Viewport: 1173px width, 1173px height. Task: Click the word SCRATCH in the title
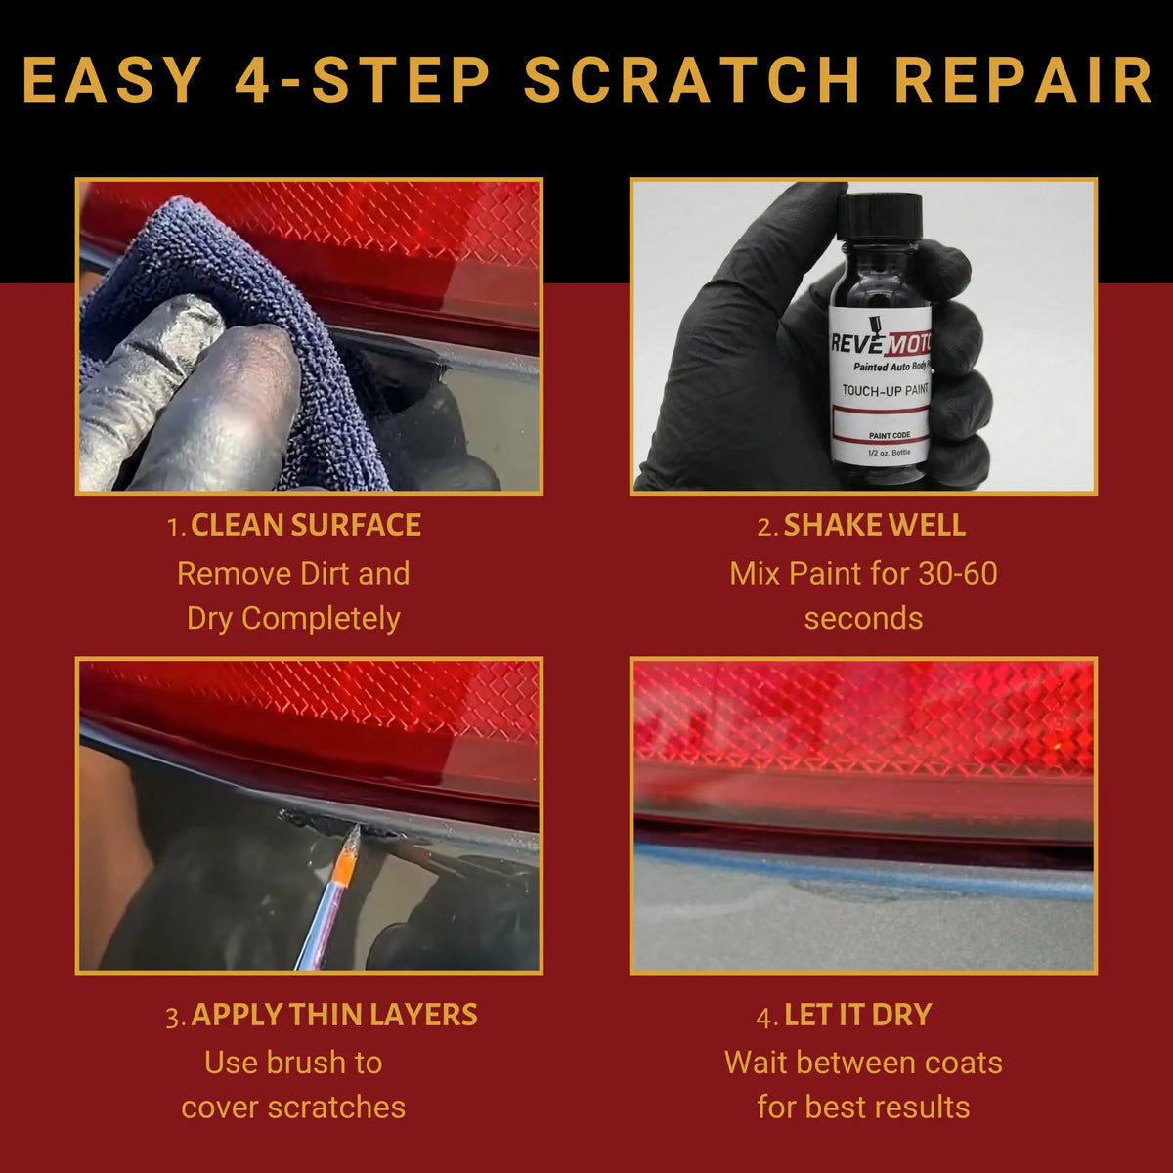coord(692,80)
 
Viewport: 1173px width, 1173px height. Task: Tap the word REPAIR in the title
coord(1023,80)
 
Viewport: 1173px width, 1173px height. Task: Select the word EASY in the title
coord(112,80)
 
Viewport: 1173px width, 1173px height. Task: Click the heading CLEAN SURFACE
coord(306,525)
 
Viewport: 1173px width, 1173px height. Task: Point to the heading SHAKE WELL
coord(874,525)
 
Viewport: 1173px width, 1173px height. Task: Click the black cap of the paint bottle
coord(880,216)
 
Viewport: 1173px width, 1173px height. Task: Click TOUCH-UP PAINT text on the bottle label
coord(886,390)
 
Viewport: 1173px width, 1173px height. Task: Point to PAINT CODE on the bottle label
coord(890,435)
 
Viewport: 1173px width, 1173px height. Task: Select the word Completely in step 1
coord(321,619)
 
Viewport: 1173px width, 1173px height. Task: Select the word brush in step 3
coord(312,1063)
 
